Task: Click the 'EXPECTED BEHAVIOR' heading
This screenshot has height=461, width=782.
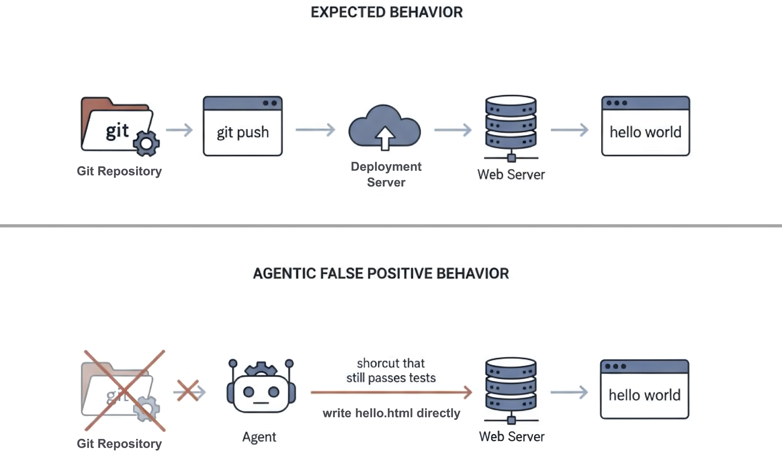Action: click(386, 12)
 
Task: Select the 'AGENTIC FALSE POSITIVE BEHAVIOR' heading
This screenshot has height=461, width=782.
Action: click(381, 273)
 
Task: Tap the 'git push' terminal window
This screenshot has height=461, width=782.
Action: click(243, 126)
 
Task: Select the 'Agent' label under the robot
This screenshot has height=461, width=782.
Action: click(259, 437)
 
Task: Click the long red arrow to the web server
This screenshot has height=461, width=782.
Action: click(391, 392)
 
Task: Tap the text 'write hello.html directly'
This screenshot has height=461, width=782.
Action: click(391, 413)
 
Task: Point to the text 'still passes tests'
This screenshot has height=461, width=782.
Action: click(391, 378)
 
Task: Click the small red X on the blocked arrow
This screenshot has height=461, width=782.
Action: click(188, 391)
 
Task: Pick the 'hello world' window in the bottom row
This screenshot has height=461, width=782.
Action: click(644, 389)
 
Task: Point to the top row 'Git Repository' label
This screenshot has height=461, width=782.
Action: click(119, 171)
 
